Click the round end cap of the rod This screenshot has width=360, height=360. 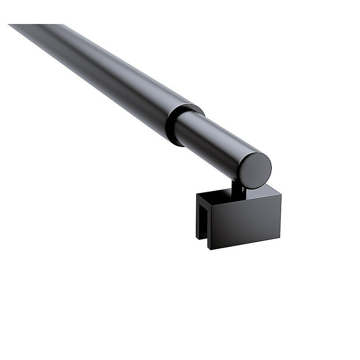click(255, 170)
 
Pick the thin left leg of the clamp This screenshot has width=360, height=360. click(198, 216)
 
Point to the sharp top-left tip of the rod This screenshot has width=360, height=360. click(9, 25)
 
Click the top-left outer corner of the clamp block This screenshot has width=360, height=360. click(197, 194)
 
